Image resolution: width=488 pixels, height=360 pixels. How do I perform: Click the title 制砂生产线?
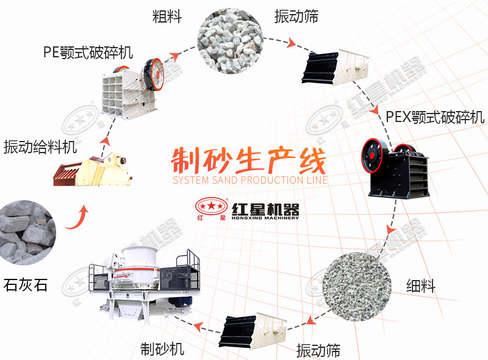tap(249, 160)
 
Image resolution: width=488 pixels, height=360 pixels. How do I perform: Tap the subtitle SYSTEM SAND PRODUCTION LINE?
tap(250, 180)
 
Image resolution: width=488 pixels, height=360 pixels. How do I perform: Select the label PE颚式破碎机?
tap(88, 51)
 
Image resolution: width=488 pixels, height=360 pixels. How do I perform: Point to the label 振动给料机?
tap(40, 147)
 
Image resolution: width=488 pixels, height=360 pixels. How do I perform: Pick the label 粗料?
tap(167, 16)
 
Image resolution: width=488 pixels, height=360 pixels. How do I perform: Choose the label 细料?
tap(421, 285)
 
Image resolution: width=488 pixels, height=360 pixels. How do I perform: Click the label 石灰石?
tap(25, 285)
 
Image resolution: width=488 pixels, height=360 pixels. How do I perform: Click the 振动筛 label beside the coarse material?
tap(296, 16)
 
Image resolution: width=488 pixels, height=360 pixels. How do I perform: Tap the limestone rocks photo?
tap(26, 232)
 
